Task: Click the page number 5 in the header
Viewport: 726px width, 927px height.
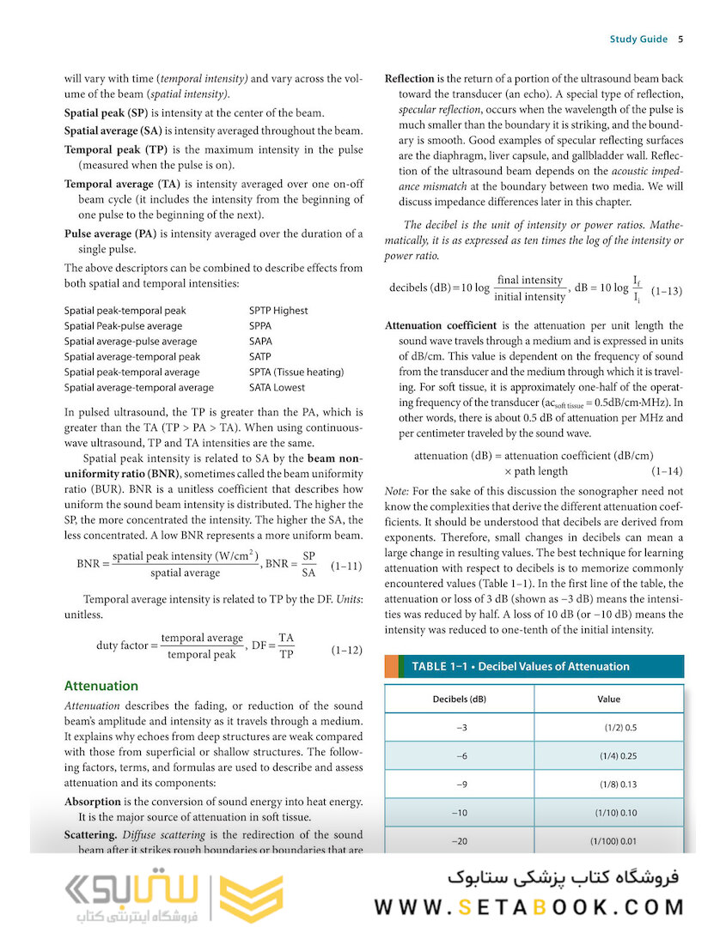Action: coord(680,39)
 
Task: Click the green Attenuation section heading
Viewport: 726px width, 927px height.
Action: coord(101,686)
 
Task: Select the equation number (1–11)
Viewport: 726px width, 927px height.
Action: coord(346,566)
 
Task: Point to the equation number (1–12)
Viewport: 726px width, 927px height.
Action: coord(346,651)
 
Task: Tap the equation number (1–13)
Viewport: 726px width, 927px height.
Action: coord(666,291)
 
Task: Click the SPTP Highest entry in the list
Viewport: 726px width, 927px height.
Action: coord(278,311)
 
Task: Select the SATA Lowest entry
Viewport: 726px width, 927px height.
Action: coord(278,388)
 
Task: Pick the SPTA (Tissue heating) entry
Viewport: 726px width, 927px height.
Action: coord(296,373)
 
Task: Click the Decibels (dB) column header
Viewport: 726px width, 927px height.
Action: coord(459,699)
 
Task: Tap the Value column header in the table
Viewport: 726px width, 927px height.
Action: coord(608,699)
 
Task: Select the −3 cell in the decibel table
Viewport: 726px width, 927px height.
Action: coord(461,728)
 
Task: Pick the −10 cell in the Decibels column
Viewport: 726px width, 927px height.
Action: coord(460,813)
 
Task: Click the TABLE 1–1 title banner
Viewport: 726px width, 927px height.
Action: coord(520,666)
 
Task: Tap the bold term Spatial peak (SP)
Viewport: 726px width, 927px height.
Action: coord(106,113)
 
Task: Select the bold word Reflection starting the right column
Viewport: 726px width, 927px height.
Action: coord(409,79)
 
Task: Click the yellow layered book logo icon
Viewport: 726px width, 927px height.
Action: coord(252,899)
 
